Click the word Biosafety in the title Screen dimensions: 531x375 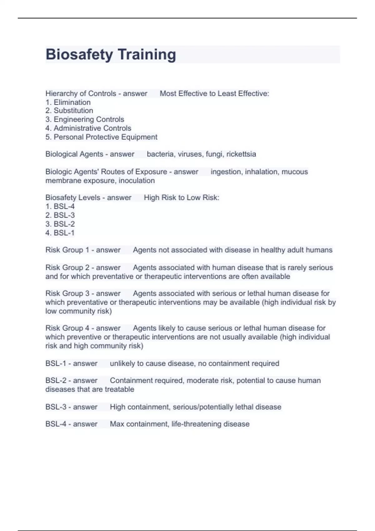[79, 55]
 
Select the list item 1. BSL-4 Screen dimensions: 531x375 [60, 206]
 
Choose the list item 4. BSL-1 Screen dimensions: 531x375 [60, 233]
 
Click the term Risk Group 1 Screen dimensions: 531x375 [67, 250]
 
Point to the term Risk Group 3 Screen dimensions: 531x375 [67, 294]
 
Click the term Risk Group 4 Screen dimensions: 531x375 [67, 328]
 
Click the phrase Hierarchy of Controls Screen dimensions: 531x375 [81, 94]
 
